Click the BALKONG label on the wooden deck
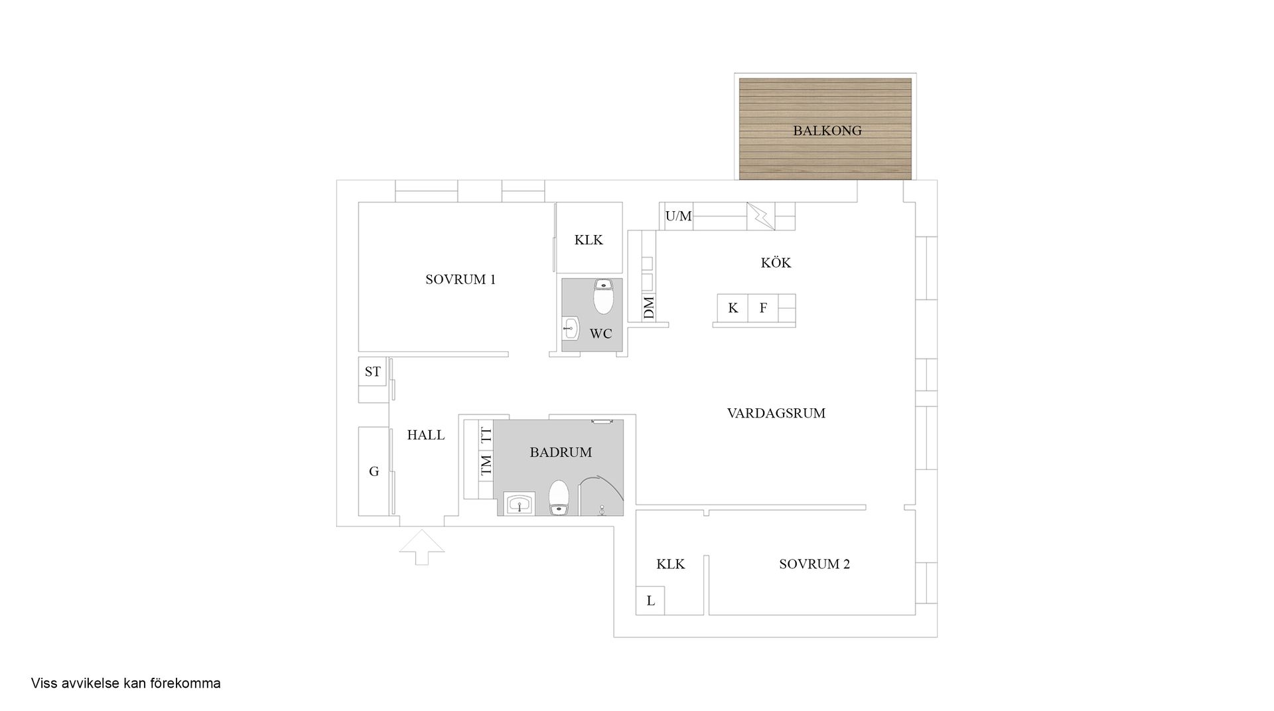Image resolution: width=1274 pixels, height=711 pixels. pyautogui.click(x=827, y=131)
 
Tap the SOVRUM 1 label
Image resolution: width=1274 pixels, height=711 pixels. pyautogui.click(x=460, y=279)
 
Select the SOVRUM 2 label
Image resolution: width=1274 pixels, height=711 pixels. pyautogui.click(x=814, y=564)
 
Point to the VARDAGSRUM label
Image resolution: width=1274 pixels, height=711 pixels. pyautogui.click(x=776, y=414)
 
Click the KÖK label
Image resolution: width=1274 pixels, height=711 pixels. pyautogui.click(x=776, y=263)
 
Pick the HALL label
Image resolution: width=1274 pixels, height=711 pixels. pyautogui.click(x=426, y=435)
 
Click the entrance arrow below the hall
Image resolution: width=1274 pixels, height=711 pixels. pyautogui.click(x=422, y=547)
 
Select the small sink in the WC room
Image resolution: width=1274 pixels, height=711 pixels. pyautogui.click(x=571, y=327)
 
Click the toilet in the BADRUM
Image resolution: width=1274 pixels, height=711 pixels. pyautogui.click(x=559, y=498)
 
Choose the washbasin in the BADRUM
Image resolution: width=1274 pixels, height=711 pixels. pyautogui.click(x=518, y=504)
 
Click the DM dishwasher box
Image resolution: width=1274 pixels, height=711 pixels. pyautogui.click(x=649, y=307)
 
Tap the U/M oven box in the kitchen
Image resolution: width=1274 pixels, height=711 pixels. pyautogui.click(x=678, y=216)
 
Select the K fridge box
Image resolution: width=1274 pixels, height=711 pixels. pyautogui.click(x=733, y=308)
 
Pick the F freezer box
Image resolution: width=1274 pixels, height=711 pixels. pyautogui.click(x=763, y=308)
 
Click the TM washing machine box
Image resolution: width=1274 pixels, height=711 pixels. pyautogui.click(x=486, y=465)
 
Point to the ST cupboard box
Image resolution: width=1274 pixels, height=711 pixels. pyautogui.click(x=373, y=372)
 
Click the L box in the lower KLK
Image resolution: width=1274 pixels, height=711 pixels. pyautogui.click(x=650, y=601)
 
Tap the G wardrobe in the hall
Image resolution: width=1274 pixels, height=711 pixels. pyautogui.click(x=374, y=471)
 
